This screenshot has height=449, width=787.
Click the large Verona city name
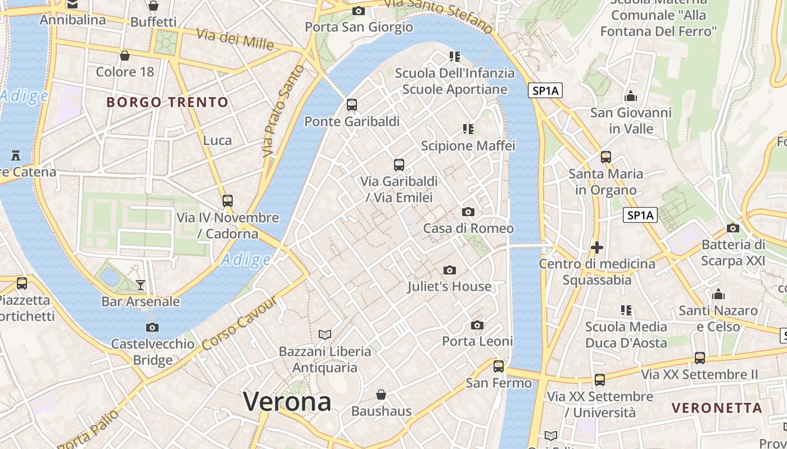(287, 402)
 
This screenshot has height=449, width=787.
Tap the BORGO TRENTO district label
(168, 102)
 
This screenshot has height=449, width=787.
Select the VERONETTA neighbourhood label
(717, 407)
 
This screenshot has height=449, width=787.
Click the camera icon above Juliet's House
(449, 271)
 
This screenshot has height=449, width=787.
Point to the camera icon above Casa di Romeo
(468, 212)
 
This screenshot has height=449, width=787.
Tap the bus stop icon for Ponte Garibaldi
(352, 105)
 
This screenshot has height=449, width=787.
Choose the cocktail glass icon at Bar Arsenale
(141, 285)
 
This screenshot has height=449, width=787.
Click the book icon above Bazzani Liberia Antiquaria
(325, 335)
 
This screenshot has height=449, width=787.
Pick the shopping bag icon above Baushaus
(381, 395)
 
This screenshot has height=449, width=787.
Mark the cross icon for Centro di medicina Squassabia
(597, 247)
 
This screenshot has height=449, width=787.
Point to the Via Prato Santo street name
(283, 111)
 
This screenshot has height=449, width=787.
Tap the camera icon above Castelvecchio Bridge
(152, 328)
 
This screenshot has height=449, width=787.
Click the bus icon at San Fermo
(499, 366)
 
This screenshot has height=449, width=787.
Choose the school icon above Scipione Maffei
(468, 129)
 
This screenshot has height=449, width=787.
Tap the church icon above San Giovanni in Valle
(631, 96)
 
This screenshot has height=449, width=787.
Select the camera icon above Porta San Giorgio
(358, 11)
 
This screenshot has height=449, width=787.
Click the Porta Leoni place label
(477, 341)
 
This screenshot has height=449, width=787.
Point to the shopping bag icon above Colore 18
(125, 56)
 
